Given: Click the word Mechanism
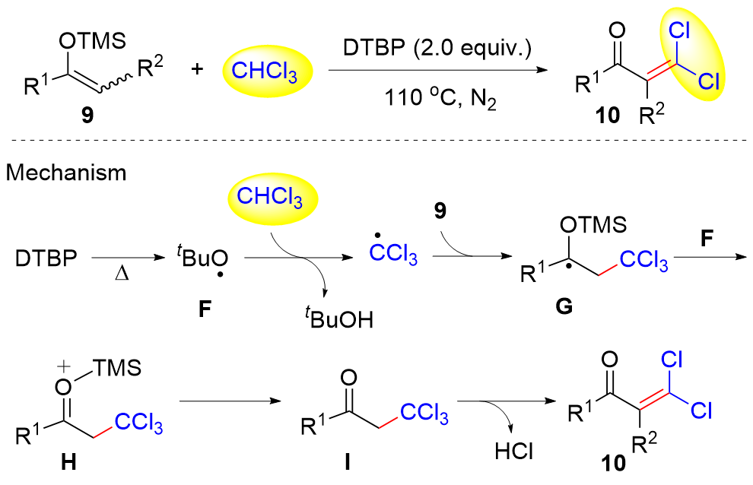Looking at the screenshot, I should [68, 173].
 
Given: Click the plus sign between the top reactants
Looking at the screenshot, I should [197, 69].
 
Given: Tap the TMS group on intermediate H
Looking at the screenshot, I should [113, 370].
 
